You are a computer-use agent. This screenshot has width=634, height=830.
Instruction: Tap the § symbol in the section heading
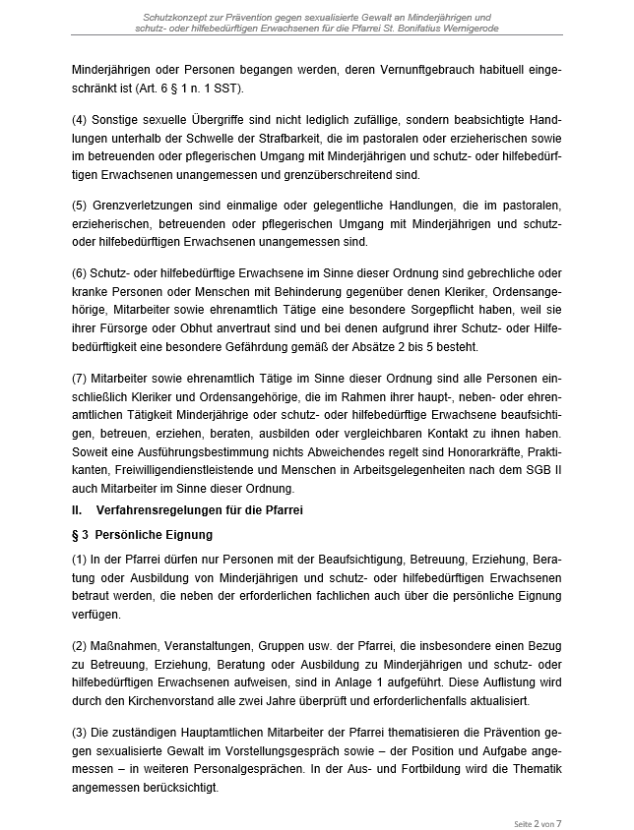[76, 535]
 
